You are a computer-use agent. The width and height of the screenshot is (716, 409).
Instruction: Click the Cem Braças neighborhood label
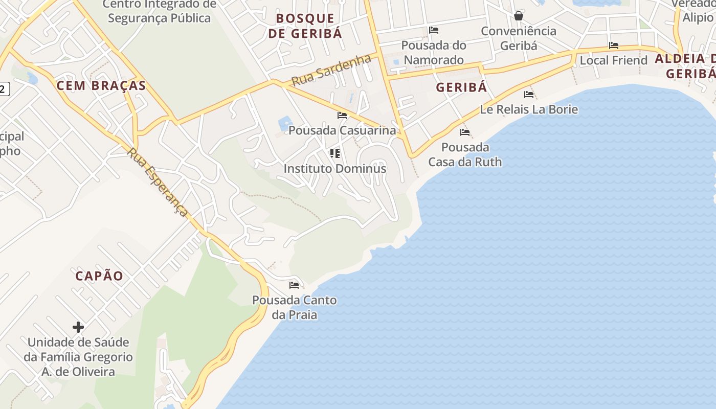click(x=101, y=85)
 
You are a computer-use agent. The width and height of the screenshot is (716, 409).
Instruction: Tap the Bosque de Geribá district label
click(x=305, y=26)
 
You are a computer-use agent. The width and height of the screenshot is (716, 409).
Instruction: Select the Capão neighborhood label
click(x=99, y=276)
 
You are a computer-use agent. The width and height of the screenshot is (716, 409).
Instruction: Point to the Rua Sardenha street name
click(x=331, y=70)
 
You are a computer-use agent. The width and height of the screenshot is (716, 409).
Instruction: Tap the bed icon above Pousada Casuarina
click(x=342, y=116)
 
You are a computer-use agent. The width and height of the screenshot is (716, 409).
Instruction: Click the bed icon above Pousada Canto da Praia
click(x=294, y=285)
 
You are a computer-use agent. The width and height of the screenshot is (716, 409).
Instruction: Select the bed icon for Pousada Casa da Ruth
click(x=465, y=132)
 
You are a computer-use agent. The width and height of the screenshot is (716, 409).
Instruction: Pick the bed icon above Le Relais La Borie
click(x=529, y=95)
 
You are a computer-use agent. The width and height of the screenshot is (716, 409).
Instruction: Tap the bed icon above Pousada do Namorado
click(x=434, y=30)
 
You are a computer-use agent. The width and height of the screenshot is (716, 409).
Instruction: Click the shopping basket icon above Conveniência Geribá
click(x=519, y=16)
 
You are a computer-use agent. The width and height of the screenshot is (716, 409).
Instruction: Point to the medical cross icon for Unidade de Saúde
click(x=78, y=327)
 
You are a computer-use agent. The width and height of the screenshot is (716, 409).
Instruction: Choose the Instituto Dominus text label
click(x=335, y=168)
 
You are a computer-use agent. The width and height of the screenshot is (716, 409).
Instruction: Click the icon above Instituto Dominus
click(x=335, y=153)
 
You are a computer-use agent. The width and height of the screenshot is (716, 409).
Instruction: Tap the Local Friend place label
click(x=613, y=60)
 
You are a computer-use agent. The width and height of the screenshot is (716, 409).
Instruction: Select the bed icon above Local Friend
click(x=614, y=46)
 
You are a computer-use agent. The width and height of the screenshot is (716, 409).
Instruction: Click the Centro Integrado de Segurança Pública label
click(x=159, y=11)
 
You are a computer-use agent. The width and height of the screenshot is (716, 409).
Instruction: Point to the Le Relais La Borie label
click(x=529, y=109)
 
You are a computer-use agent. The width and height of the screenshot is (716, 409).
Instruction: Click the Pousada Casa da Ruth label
click(x=465, y=155)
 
